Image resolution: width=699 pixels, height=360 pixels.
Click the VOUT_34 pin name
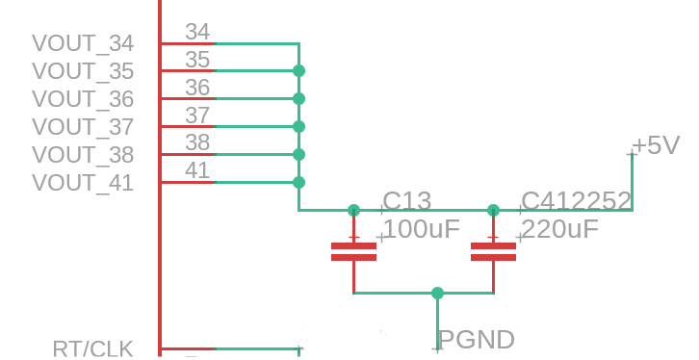point(83,43)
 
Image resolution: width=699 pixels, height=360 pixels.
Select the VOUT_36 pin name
point(83,99)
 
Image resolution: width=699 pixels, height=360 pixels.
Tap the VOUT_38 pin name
point(83,155)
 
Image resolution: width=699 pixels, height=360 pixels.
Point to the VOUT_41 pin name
point(83,183)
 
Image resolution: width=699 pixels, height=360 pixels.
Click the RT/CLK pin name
point(92,348)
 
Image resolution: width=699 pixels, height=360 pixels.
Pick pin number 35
point(197,60)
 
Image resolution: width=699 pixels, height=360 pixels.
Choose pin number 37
point(197,116)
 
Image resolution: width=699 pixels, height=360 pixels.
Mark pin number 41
point(197,170)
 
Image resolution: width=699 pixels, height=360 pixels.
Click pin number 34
point(197,32)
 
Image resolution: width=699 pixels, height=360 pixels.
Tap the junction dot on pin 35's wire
point(299,71)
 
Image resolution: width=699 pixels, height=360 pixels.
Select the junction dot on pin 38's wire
point(299,155)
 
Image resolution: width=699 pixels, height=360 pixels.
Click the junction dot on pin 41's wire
point(299,182)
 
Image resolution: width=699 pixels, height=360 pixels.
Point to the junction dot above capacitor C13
point(353,210)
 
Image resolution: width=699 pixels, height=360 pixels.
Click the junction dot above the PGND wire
point(438,294)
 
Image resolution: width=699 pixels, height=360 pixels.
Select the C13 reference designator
point(407,201)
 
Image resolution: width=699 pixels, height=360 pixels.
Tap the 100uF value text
point(422,229)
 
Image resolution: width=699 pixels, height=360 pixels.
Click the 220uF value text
point(559,229)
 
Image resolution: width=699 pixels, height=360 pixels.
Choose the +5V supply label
point(657,145)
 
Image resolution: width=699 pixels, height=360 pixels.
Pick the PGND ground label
point(477,340)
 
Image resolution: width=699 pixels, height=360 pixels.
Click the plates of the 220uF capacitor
point(494,252)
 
